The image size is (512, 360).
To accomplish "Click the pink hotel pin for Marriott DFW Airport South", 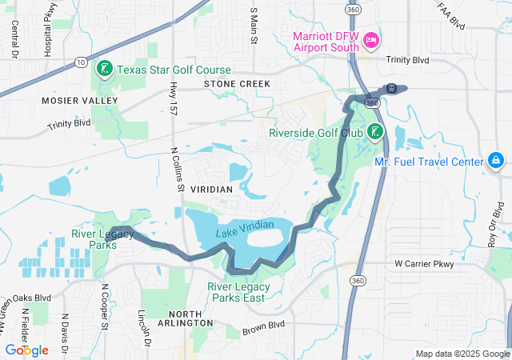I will tap(371, 39).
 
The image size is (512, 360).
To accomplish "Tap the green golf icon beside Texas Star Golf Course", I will tap(105, 70).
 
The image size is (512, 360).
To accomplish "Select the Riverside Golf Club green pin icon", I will tap(375, 132).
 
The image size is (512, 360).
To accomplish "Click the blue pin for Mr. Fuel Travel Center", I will tap(496, 161).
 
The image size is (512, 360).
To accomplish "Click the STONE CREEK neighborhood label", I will tap(237, 84).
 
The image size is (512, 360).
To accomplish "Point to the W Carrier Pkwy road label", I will tap(424, 264).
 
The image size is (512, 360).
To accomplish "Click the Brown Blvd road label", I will tap(265, 326).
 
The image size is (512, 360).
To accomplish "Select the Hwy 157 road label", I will tap(174, 95).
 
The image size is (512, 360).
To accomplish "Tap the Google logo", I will tap(26, 350).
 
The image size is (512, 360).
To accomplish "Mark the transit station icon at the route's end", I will tap(391, 88).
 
